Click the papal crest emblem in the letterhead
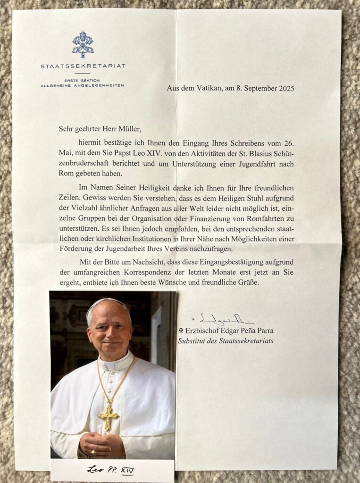pos(83,44)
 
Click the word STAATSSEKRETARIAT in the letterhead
pos(83,66)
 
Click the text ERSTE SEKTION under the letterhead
pos(83,81)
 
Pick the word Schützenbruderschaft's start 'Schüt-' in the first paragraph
pos(284,153)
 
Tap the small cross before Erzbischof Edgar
pos(181,331)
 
